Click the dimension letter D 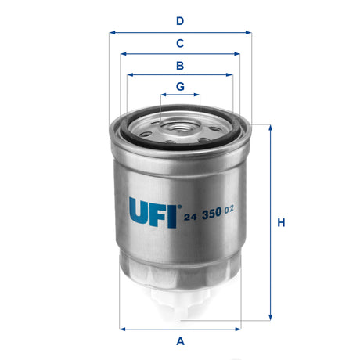click(180, 21)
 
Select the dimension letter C click(180, 43)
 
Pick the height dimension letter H click(281, 223)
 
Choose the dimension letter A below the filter click(180, 340)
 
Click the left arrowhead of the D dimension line click(111, 33)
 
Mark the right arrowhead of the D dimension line click(250, 33)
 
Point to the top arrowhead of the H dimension click(271, 127)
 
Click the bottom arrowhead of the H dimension click(271, 320)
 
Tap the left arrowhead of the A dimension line click(123, 328)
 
